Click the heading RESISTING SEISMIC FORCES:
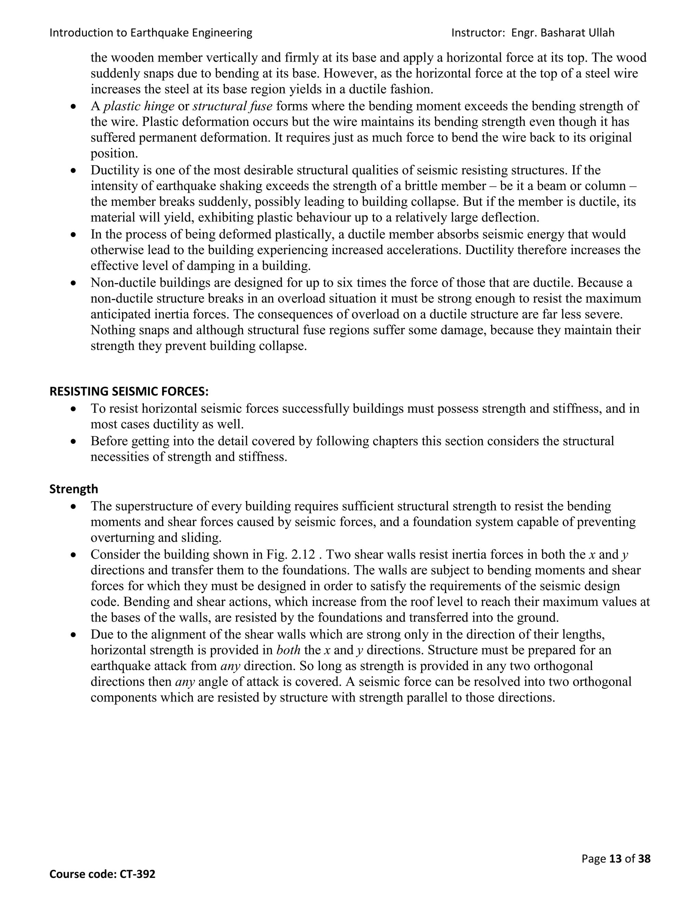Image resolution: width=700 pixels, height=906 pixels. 129,391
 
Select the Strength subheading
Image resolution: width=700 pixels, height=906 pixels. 74,489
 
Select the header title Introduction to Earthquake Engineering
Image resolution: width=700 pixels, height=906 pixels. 150,33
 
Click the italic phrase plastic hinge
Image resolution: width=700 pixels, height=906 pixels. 139,106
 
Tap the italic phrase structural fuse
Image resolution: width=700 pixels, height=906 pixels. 232,106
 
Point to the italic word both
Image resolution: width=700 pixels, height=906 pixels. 288,650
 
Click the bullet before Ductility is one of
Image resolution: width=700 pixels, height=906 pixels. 74,171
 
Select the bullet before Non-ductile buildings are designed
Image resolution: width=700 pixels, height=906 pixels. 74,283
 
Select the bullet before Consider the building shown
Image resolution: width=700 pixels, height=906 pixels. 74,555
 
